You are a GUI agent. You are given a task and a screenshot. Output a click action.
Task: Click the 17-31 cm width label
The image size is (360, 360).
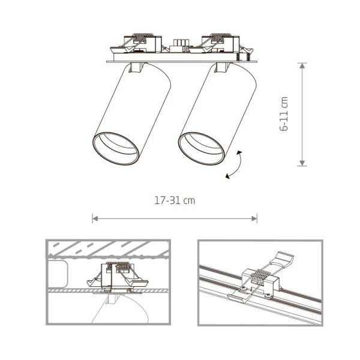coord(174,200)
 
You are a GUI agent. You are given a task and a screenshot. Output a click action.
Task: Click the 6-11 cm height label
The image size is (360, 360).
coord(284,114)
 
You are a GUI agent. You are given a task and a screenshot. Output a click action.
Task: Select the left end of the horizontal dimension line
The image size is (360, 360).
coord(94,218)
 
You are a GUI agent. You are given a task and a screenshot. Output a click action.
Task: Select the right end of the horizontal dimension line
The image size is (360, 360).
coord(256,218)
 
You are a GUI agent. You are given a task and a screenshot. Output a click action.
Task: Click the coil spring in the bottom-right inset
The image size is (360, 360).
coord(260,277)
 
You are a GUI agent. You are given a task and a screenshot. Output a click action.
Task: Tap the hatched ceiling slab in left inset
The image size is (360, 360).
coord(108,248)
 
